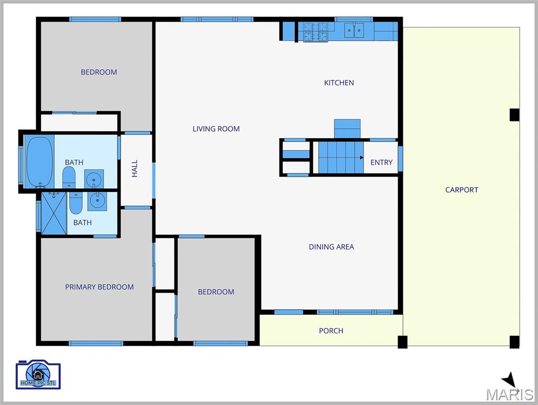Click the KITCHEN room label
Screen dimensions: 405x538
pyautogui.click(x=339, y=83)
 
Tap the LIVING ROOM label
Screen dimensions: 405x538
pyautogui.click(x=216, y=129)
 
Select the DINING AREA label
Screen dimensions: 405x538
pyautogui.click(x=331, y=247)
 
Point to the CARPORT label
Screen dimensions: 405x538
pyautogui.click(x=462, y=190)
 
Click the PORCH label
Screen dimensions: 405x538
pyautogui.click(x=331, y=331)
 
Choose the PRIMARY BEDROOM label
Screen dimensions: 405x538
pyautogui.click(x=99, y=287)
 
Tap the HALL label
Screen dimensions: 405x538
pyautogui.click(x=134, y=168)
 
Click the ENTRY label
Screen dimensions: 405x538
pyautogui.click(x=381, y=162)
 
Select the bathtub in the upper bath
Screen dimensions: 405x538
pyautogui.click(x=39, y=161)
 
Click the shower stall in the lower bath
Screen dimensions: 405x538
pyautogui.click(x=54, y=213)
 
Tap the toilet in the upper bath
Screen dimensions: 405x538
pyautogui.click(x=69, y=178)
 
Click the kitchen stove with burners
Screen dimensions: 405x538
pyautogui.click(x=315, y=32)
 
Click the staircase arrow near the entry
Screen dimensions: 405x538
pyautogui.click(x=361, y=158)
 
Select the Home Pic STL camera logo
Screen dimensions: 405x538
pyautogui.click(x=39, y=375)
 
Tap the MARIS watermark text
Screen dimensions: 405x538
pyautogui.click(x=510, y=394)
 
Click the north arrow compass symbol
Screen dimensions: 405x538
pyautogui.click(x=509, y=379)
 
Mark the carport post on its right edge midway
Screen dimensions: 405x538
pyautogui.click(x=514, y=114)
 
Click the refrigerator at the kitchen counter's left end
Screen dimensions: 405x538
pyautogui.click(x=289, y=31)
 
